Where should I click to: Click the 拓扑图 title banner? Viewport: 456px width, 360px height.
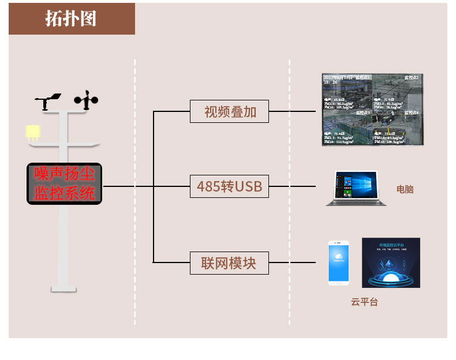(72, 18)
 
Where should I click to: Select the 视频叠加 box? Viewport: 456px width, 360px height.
(230, 111)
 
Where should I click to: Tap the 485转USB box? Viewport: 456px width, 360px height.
(230, 187)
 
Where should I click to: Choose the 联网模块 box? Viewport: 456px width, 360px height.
(230, 263)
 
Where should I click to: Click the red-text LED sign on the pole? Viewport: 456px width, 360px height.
(64, 183)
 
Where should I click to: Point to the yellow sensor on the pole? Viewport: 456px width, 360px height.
(32, 132)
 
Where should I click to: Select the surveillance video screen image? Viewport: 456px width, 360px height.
(373, 109)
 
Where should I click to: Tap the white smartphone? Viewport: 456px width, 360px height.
(338, 263)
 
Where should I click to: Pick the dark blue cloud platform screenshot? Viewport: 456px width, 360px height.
(390, 262)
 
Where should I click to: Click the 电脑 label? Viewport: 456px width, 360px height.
(405, 189)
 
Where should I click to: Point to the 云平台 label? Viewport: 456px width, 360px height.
(364, 302)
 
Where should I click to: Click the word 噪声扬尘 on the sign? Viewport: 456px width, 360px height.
(64, 173)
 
